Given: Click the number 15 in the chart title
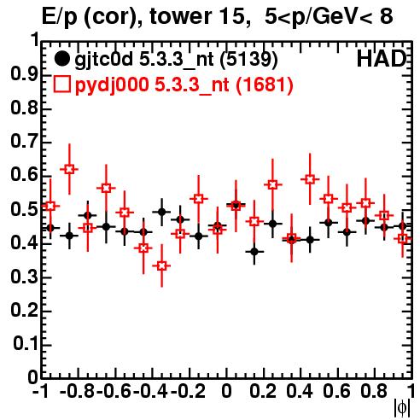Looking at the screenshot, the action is (233, 16).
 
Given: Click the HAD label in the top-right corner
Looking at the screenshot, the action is (382, 59).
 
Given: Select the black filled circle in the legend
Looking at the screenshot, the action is (61, 59).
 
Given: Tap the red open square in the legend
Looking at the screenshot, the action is (61, 84).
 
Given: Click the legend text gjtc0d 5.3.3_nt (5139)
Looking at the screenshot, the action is (176, 60).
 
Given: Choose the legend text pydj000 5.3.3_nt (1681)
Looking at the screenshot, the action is (184, 85).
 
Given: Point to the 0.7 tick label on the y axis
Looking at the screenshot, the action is (24, 142).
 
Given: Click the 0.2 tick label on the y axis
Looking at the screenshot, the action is (24, 310).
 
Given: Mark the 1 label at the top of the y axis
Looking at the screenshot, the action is (35, 40).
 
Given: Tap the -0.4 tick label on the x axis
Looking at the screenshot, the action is (150, 391).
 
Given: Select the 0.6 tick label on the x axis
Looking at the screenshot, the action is (336, 391).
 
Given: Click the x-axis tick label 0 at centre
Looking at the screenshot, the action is (226, 391).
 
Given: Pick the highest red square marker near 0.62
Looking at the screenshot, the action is (69, 169).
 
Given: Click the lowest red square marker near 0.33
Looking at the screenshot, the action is (161, 266).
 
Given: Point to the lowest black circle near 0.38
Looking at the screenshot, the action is (254, 252).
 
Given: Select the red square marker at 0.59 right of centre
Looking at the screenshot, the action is (310, 179).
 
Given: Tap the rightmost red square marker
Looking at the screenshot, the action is (403, 238).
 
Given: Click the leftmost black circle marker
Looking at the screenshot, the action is (50, 228).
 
